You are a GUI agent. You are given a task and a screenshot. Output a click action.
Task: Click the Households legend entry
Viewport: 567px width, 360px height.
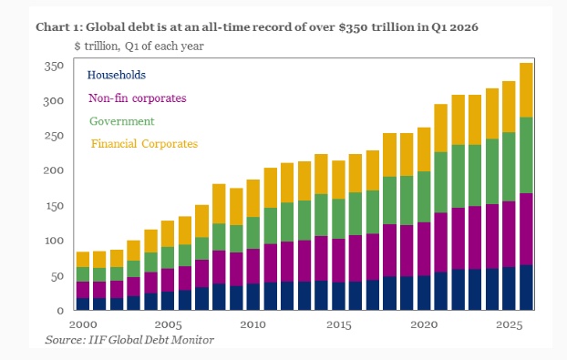[117, 75]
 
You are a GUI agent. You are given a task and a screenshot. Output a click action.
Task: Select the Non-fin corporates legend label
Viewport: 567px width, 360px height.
[138, 98]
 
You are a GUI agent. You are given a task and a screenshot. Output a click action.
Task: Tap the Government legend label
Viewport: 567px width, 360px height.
[122, 121]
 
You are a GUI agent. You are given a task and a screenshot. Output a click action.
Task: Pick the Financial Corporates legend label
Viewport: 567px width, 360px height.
[144, 144]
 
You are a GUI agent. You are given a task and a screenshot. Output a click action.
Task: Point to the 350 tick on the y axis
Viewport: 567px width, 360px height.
[54, 67]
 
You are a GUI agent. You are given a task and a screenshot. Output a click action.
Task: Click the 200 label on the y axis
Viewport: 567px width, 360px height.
[54, 170]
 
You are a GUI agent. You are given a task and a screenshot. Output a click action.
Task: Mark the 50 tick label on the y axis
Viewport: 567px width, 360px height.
[57, 277]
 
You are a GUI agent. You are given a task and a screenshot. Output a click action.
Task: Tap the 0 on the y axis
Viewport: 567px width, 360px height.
[60, 311]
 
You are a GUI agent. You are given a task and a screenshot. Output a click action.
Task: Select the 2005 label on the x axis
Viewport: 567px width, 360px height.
[168, 324]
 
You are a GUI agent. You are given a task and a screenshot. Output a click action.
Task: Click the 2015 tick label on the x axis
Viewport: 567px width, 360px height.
[339, 324]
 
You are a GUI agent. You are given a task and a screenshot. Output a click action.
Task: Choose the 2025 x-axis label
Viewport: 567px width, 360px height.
[510, 324]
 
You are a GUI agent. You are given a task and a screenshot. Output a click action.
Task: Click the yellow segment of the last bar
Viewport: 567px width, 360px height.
[526, 90]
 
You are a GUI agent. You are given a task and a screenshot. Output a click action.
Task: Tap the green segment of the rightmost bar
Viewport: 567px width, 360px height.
[526, 156]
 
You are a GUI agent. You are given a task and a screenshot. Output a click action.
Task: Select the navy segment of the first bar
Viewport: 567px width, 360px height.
[83, 304]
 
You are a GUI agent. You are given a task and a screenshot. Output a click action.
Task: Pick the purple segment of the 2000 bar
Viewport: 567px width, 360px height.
[83, 290]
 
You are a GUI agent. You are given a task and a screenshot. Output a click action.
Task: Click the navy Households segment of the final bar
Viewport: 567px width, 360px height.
[526, 288]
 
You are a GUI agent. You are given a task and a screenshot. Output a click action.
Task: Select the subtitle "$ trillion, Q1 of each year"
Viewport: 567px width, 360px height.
[139, 46]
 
